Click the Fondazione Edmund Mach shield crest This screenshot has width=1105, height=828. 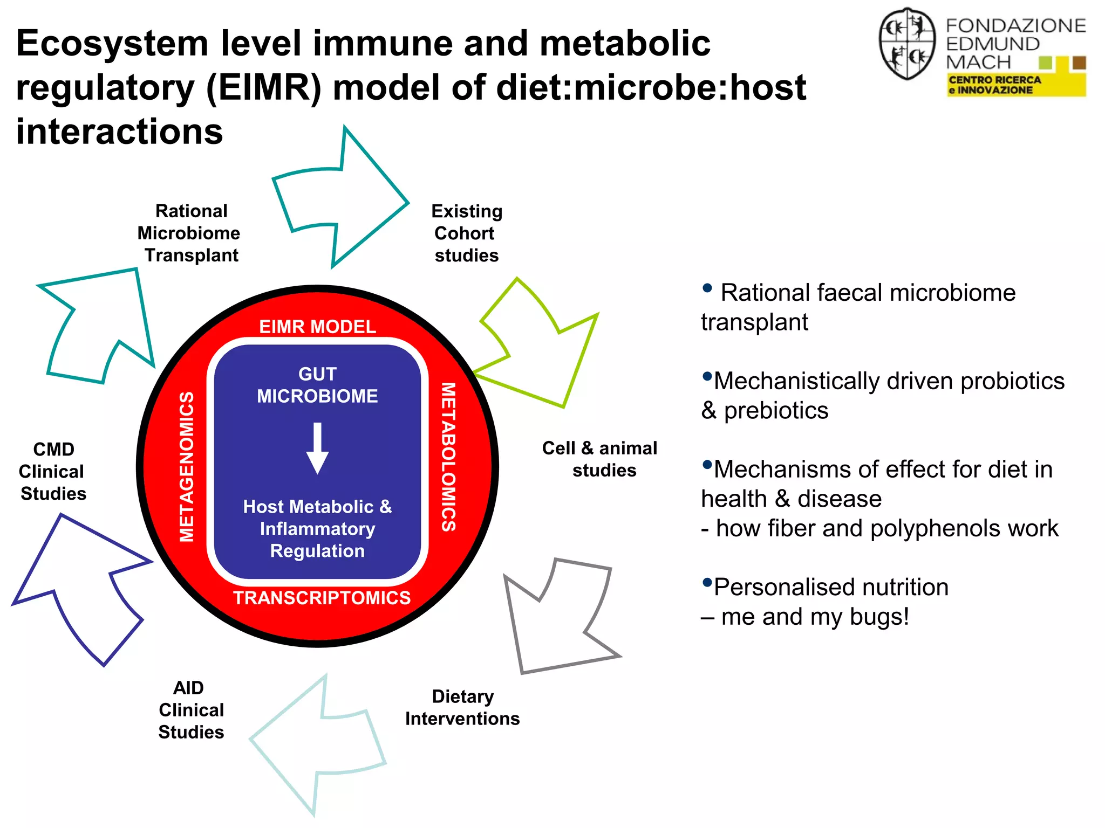click(907, 44)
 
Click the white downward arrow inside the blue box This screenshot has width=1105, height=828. click(317, 448)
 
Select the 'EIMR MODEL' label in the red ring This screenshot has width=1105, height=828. click(317, 327)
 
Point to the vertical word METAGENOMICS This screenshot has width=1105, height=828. click(187, 466)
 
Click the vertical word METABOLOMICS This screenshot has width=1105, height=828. click(448, 457)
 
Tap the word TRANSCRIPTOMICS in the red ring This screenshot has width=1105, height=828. click(322, 598)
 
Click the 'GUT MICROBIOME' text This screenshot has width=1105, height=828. click(317, 385)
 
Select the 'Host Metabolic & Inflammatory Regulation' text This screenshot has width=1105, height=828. click(317, 528)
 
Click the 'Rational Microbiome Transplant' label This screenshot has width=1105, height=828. click(190, 233)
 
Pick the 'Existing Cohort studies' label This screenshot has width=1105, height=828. click(466, 233)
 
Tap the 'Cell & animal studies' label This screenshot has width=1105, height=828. click(600, 459)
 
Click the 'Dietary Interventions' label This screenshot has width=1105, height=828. click(462, 707)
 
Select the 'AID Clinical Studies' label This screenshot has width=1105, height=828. click(190, 709)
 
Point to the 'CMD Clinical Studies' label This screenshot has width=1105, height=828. click(52, 471)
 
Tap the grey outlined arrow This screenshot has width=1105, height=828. click(561, 620)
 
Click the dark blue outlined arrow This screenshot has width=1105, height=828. click(81, 582)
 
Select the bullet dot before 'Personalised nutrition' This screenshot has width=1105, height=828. click(707, 582)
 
